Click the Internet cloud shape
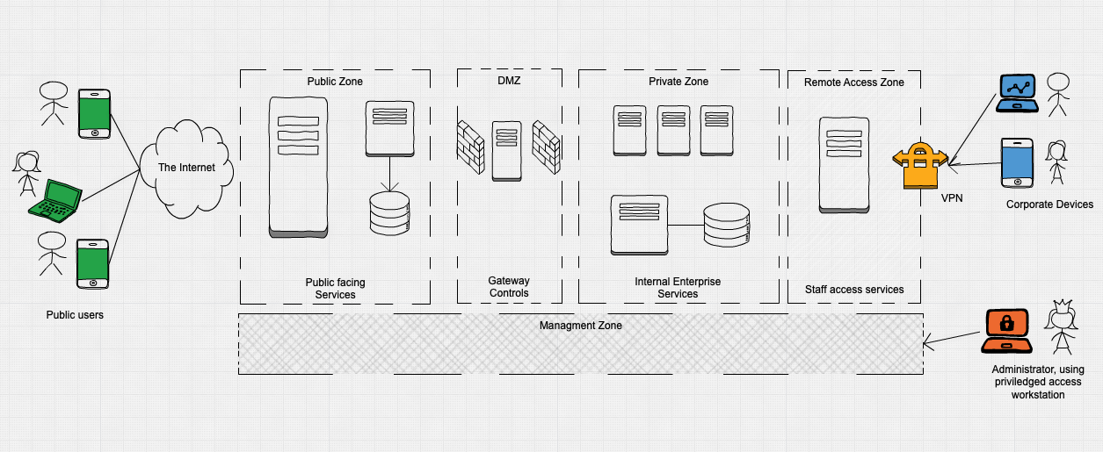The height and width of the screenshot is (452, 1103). (x=185, y=167)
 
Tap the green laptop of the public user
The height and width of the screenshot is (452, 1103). (x=54, y=199)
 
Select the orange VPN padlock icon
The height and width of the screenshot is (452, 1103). (x=919, y=166)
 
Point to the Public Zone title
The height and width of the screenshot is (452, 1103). (x=335, y=82)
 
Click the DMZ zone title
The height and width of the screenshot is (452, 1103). (x=509, y=82)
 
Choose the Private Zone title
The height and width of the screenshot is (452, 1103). (x=678, y=82)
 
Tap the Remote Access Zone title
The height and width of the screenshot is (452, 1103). (x=854, y=82)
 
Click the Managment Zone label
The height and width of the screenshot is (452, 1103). (x=580, y=326)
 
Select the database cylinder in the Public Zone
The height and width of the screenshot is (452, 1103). (x=389, y=213)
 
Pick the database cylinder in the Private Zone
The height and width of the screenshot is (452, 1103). (x=727, y=226)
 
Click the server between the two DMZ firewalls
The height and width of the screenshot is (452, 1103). (x=505, y=150)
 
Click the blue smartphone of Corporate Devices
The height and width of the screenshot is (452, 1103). (x=1017, y=162)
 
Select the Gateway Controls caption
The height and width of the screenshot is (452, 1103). (x=509, y=287)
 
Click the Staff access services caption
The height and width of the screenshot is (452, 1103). (x=854, y=289)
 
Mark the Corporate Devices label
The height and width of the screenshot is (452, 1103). (x=1049, y=204)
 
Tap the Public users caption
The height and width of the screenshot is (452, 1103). (x=75, y=314)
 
